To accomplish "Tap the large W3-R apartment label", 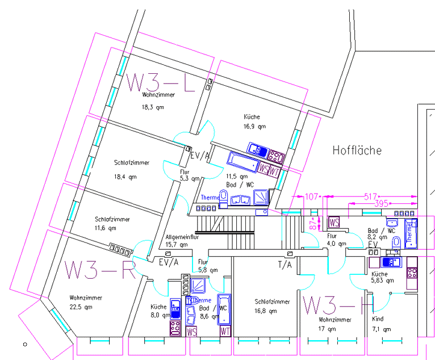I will click(99, 270).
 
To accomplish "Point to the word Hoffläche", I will click(357, 150).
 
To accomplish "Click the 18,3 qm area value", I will click(153, 107).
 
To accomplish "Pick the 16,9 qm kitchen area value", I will click(254, 127).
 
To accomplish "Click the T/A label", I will click(285, 264).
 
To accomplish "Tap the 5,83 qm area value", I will click(383, 281).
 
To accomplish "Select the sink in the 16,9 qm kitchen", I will click(258, 150).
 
